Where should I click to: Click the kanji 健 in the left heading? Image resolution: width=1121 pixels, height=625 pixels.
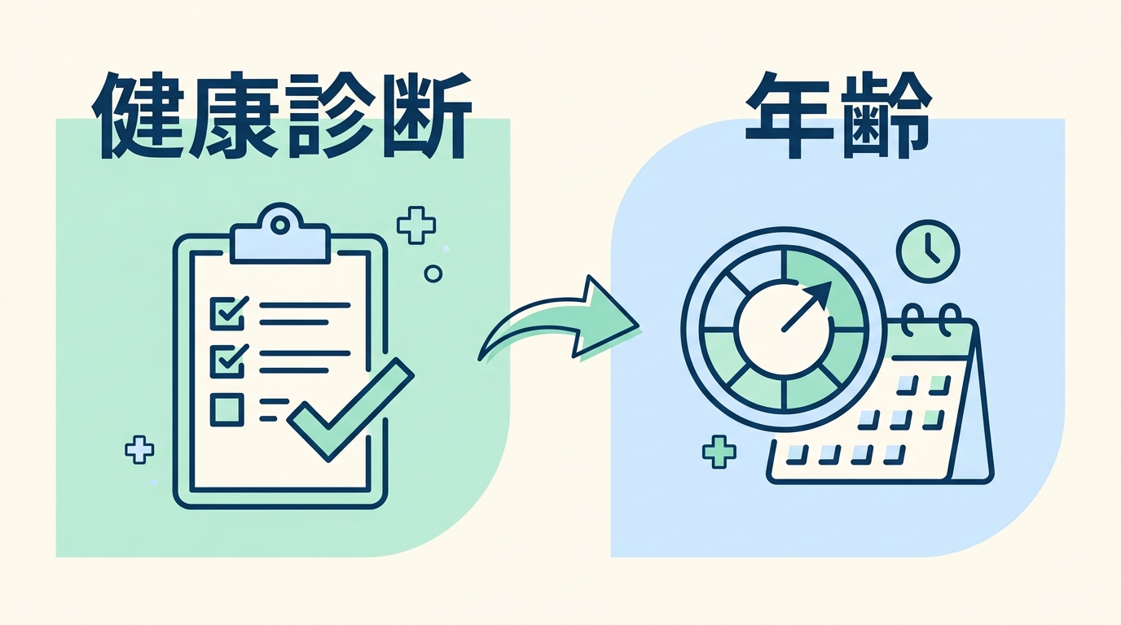coord(137,116)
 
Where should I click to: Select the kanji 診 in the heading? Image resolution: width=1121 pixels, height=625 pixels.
coord(329,116)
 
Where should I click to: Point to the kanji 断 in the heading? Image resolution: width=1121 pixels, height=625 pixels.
coord(426,116)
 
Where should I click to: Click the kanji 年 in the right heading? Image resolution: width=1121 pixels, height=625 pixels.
coord(790,116)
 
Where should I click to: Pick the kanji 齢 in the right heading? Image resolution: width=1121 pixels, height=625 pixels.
coord(886,116)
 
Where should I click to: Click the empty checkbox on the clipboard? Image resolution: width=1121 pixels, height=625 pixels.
coord(227,409)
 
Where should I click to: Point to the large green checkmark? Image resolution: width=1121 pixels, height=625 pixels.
coord(351,410)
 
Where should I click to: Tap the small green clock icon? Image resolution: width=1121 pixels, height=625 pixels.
coord(928,251)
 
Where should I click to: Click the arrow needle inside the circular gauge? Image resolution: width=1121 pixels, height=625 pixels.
coord(807,307)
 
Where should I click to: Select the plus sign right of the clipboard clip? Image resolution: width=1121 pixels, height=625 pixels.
coord(415,225)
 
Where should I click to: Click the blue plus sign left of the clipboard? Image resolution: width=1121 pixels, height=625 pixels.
coord(139,450)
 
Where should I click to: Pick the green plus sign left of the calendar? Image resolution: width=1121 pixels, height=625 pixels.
coord(719,452)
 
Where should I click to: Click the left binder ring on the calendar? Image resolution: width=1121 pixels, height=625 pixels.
coord(912,321)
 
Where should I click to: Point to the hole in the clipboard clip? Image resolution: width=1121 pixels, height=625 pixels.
coord(280,225)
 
